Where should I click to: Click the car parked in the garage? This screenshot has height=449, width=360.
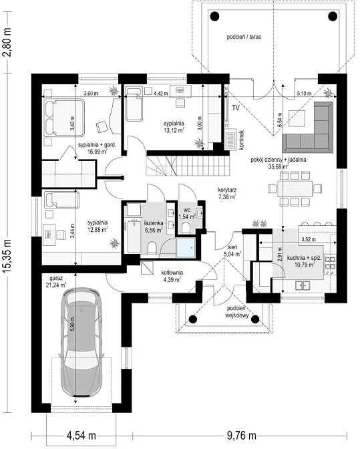(x=82, y=342)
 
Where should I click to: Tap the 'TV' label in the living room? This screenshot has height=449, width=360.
(x=236, y=108)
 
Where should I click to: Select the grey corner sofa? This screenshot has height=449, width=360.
(x=309, y=127)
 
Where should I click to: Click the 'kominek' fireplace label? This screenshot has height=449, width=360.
(x=242, y=140)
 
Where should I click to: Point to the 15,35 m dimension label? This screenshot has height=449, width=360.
(x=8, y=255)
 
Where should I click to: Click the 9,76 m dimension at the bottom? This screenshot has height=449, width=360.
(x=242, y=436)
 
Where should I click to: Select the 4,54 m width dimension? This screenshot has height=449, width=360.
(x=81, y=436)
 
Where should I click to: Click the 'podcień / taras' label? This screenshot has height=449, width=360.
(x=244, y=37)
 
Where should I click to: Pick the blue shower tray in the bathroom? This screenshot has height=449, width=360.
(x=186, y=247)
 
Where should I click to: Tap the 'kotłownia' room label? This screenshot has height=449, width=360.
(x=172, y=273)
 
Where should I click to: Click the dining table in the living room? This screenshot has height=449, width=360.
(x=295, y=188)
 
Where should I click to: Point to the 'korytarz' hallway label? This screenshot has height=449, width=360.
(x=227, y=190)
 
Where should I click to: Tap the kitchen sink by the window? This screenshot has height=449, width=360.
(x=303, y=285)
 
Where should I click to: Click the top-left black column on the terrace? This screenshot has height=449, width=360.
(x=214, y=16)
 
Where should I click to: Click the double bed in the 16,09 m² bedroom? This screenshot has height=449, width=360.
(x=64, y=118)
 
